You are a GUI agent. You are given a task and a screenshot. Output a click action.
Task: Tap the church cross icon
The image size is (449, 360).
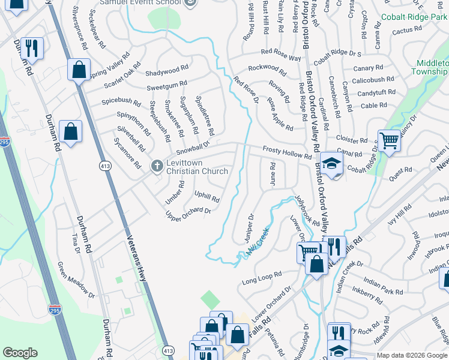coord(157,165)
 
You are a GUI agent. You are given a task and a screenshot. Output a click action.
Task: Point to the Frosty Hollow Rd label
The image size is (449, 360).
coord(288,152)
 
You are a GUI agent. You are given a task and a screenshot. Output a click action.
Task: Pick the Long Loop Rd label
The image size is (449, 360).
coord(262,277)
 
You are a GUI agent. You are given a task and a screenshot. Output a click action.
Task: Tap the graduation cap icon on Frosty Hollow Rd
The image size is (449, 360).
coord(331,163)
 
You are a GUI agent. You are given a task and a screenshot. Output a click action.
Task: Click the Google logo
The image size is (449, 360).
coord(20,353)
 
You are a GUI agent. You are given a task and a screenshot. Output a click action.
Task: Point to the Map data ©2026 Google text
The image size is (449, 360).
coord(412,355)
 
